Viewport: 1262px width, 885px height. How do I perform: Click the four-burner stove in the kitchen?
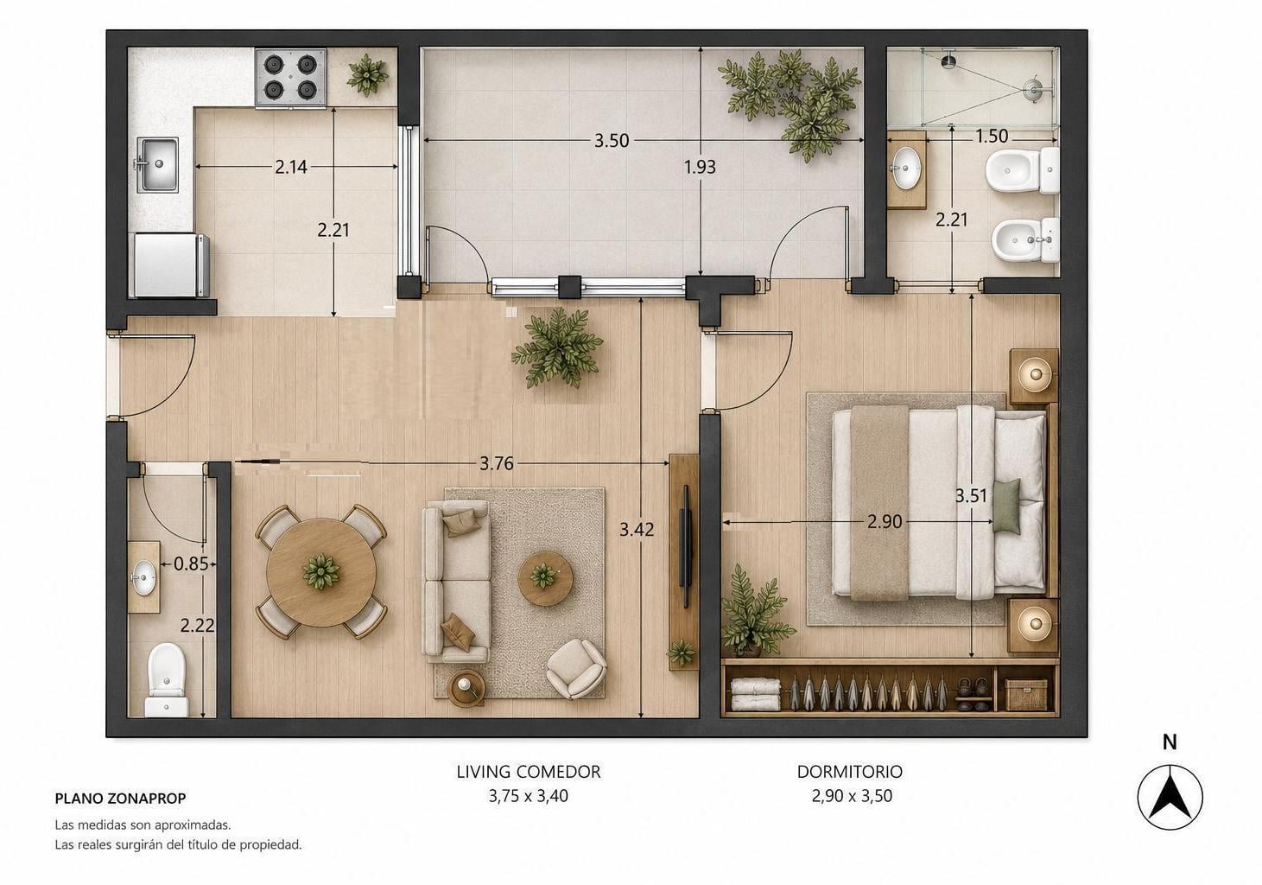click(x=291, y=77)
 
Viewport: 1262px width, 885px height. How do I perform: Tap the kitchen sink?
click(x=157, y=164)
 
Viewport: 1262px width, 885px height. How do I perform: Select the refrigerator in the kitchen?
click(x=172, y=265)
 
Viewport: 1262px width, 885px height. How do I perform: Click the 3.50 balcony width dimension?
click(x=612, y=140)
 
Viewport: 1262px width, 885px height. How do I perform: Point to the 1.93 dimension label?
click(x=700, y=167)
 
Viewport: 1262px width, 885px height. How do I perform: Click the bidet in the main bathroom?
click(x=1025, y=240)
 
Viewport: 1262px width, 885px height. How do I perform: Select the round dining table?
click(x=321, y=572)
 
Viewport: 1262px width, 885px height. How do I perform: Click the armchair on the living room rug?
click(x=576, y=669)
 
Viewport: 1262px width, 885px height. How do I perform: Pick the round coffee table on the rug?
click(x=545, y=578)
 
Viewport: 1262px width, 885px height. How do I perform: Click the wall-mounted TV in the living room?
click(x=685, y=546)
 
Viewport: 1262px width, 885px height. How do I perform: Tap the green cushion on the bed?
click(x=1006, y=506)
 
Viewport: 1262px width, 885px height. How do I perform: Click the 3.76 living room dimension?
click(x=497, y=463)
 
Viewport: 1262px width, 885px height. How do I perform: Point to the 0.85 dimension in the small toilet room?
click(x=191, y=563)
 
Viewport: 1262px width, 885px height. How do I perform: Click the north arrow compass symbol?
click(x=1170, y=797)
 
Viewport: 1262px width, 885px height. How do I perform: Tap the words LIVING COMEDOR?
click(x=529, y=772)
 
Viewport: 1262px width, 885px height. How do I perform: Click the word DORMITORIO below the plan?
click(x=850, y=772)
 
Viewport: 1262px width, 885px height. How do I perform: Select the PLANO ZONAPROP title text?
click(x=120, y=799)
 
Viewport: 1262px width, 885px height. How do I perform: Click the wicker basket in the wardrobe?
click(x=1026, y=695)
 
